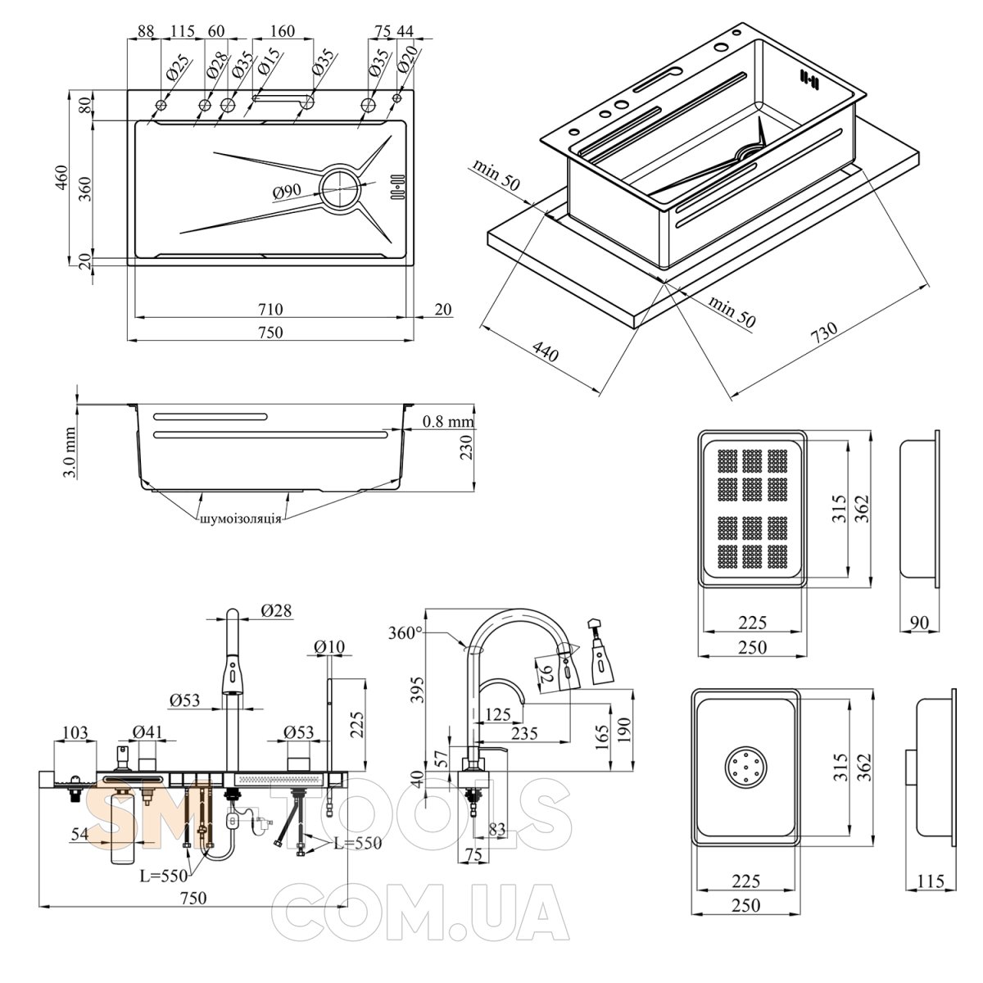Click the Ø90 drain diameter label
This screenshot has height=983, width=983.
tap(288, 193)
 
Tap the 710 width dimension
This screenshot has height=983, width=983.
tap(270, 309)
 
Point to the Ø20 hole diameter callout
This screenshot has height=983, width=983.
tap(407, 58)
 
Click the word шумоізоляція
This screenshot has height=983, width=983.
tap(240, 519)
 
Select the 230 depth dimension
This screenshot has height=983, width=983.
tap(466, 449)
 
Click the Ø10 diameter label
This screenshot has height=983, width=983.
tap(328, 647)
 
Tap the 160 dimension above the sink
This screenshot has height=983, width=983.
tap(282, 32)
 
